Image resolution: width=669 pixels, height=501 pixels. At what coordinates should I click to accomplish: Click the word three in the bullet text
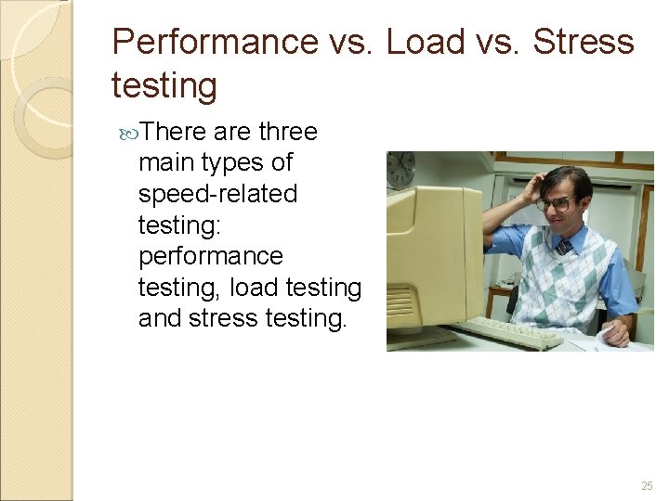coord(288,132)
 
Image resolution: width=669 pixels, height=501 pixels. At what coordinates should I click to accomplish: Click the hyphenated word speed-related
coord(217,194)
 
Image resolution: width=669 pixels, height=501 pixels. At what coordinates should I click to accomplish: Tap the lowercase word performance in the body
coord(210,256)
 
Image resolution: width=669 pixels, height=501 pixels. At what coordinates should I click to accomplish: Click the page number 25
coord(647,486)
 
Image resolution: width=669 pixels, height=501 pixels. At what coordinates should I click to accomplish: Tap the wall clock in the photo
coord(401,169)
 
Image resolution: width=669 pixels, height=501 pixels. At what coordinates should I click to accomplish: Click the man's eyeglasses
coord(554,202)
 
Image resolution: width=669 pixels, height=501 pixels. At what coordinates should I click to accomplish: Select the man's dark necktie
coord(563,248)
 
